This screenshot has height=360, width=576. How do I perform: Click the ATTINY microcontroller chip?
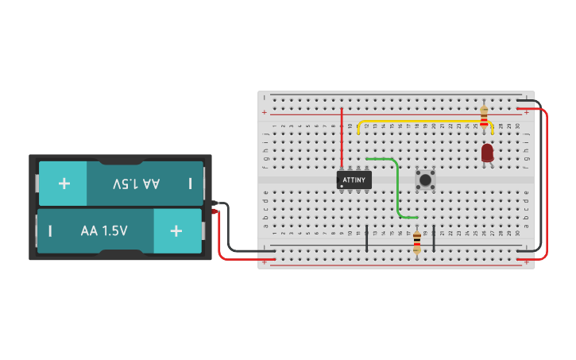(x=354, y=180)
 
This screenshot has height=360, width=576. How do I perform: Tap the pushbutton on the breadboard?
(x=426, y=180)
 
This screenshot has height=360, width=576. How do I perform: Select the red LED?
(x=487, y=152)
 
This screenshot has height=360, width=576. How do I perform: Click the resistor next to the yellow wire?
(x=483, y=118)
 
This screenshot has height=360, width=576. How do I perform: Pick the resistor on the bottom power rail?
(x=417, y=241)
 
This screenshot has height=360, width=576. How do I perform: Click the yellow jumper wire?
(x=421, y=122)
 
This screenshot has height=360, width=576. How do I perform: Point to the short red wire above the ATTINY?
(x=342, y=139)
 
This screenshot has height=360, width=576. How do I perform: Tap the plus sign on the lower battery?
(x=176, y=231)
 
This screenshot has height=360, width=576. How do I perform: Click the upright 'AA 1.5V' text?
(x=104, y=231)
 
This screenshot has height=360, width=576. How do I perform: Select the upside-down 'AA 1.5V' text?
(x=136, y=184)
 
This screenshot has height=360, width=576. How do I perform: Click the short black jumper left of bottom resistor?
(x=367, y=238)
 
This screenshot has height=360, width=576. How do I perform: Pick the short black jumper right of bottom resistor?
(x=434, y=238)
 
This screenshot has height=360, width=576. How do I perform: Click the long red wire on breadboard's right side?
(x=547, y=183)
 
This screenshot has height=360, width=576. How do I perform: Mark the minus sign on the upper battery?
(x=190, y=184)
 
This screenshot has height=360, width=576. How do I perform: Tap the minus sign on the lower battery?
(x=50, y=231)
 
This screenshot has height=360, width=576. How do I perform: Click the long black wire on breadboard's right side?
(x=541, y=183)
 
